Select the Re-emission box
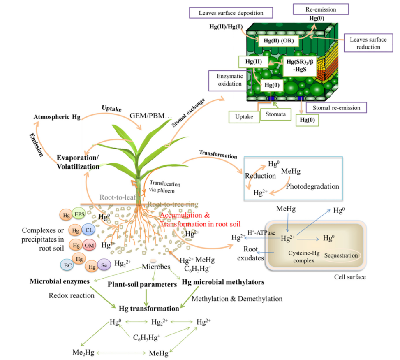(320, 9)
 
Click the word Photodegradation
(312, 186)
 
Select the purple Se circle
(104, 266)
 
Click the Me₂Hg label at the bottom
(81, 353)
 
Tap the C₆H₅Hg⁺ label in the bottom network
(146, 337)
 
